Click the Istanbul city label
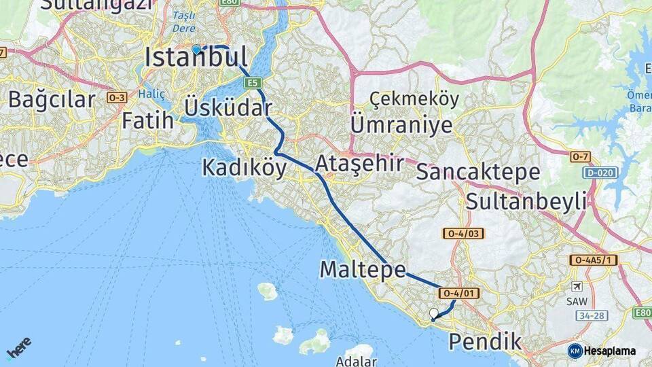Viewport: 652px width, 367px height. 196,58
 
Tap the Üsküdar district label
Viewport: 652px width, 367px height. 228,108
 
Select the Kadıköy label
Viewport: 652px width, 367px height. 244,168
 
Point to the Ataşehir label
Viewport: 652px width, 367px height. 359,163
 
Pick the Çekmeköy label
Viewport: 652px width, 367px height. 414,99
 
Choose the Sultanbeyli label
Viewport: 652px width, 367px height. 526,201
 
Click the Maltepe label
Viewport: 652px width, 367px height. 363,270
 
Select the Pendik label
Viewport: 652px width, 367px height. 485,341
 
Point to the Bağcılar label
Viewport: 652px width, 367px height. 52,100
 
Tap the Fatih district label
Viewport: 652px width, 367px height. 147,121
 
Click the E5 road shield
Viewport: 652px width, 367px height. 253,83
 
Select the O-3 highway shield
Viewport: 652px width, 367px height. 116,98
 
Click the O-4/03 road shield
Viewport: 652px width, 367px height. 464,234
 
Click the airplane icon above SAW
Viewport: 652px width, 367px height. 577,286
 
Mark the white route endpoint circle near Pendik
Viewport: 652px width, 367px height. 434,313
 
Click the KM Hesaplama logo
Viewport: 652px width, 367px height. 602,351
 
